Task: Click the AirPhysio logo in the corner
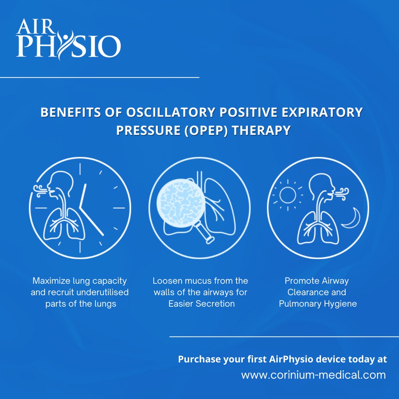[x=68, y=39]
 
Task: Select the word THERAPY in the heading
[x=261, y=130]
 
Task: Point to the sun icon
[x=288, y=195]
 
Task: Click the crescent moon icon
[x=352, y=218]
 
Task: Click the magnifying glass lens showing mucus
[x=181, y=203]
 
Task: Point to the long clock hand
[x=91, y=221]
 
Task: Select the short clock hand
[x=83, y=196]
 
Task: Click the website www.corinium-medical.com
[x=314, y=375]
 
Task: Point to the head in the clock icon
[x=60, y=184]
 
